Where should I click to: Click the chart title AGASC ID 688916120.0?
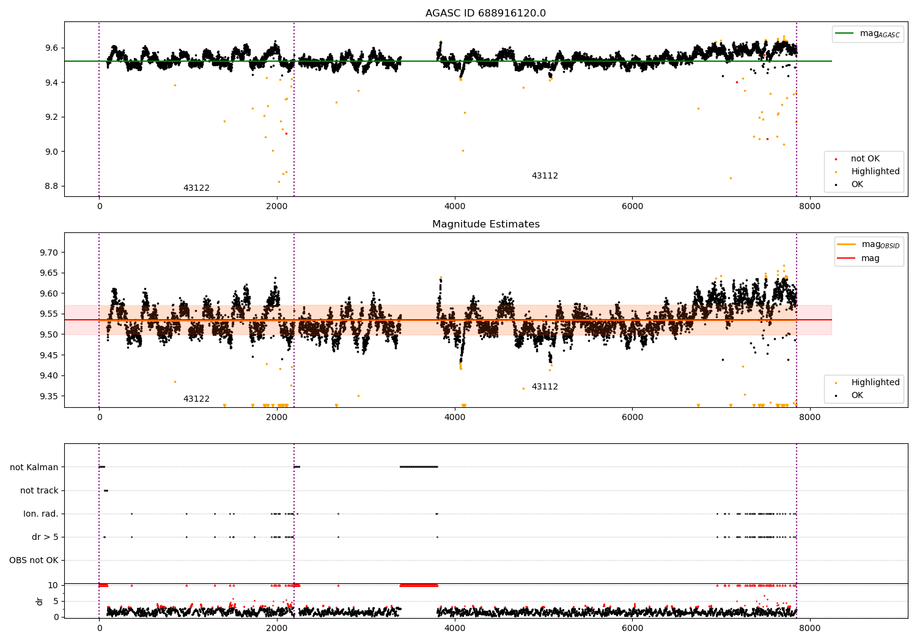485,13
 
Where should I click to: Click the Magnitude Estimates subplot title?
485,224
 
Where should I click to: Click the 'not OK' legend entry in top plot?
865,159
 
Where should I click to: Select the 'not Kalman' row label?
34,467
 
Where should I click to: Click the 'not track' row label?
39,490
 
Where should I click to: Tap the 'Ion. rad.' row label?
41,514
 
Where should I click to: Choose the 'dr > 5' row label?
45,537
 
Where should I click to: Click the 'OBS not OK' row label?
34,560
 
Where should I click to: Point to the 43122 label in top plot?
196,188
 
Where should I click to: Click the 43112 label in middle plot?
545,387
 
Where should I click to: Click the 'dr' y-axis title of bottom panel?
40,601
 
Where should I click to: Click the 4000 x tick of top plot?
455,207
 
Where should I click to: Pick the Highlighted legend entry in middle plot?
875,383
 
